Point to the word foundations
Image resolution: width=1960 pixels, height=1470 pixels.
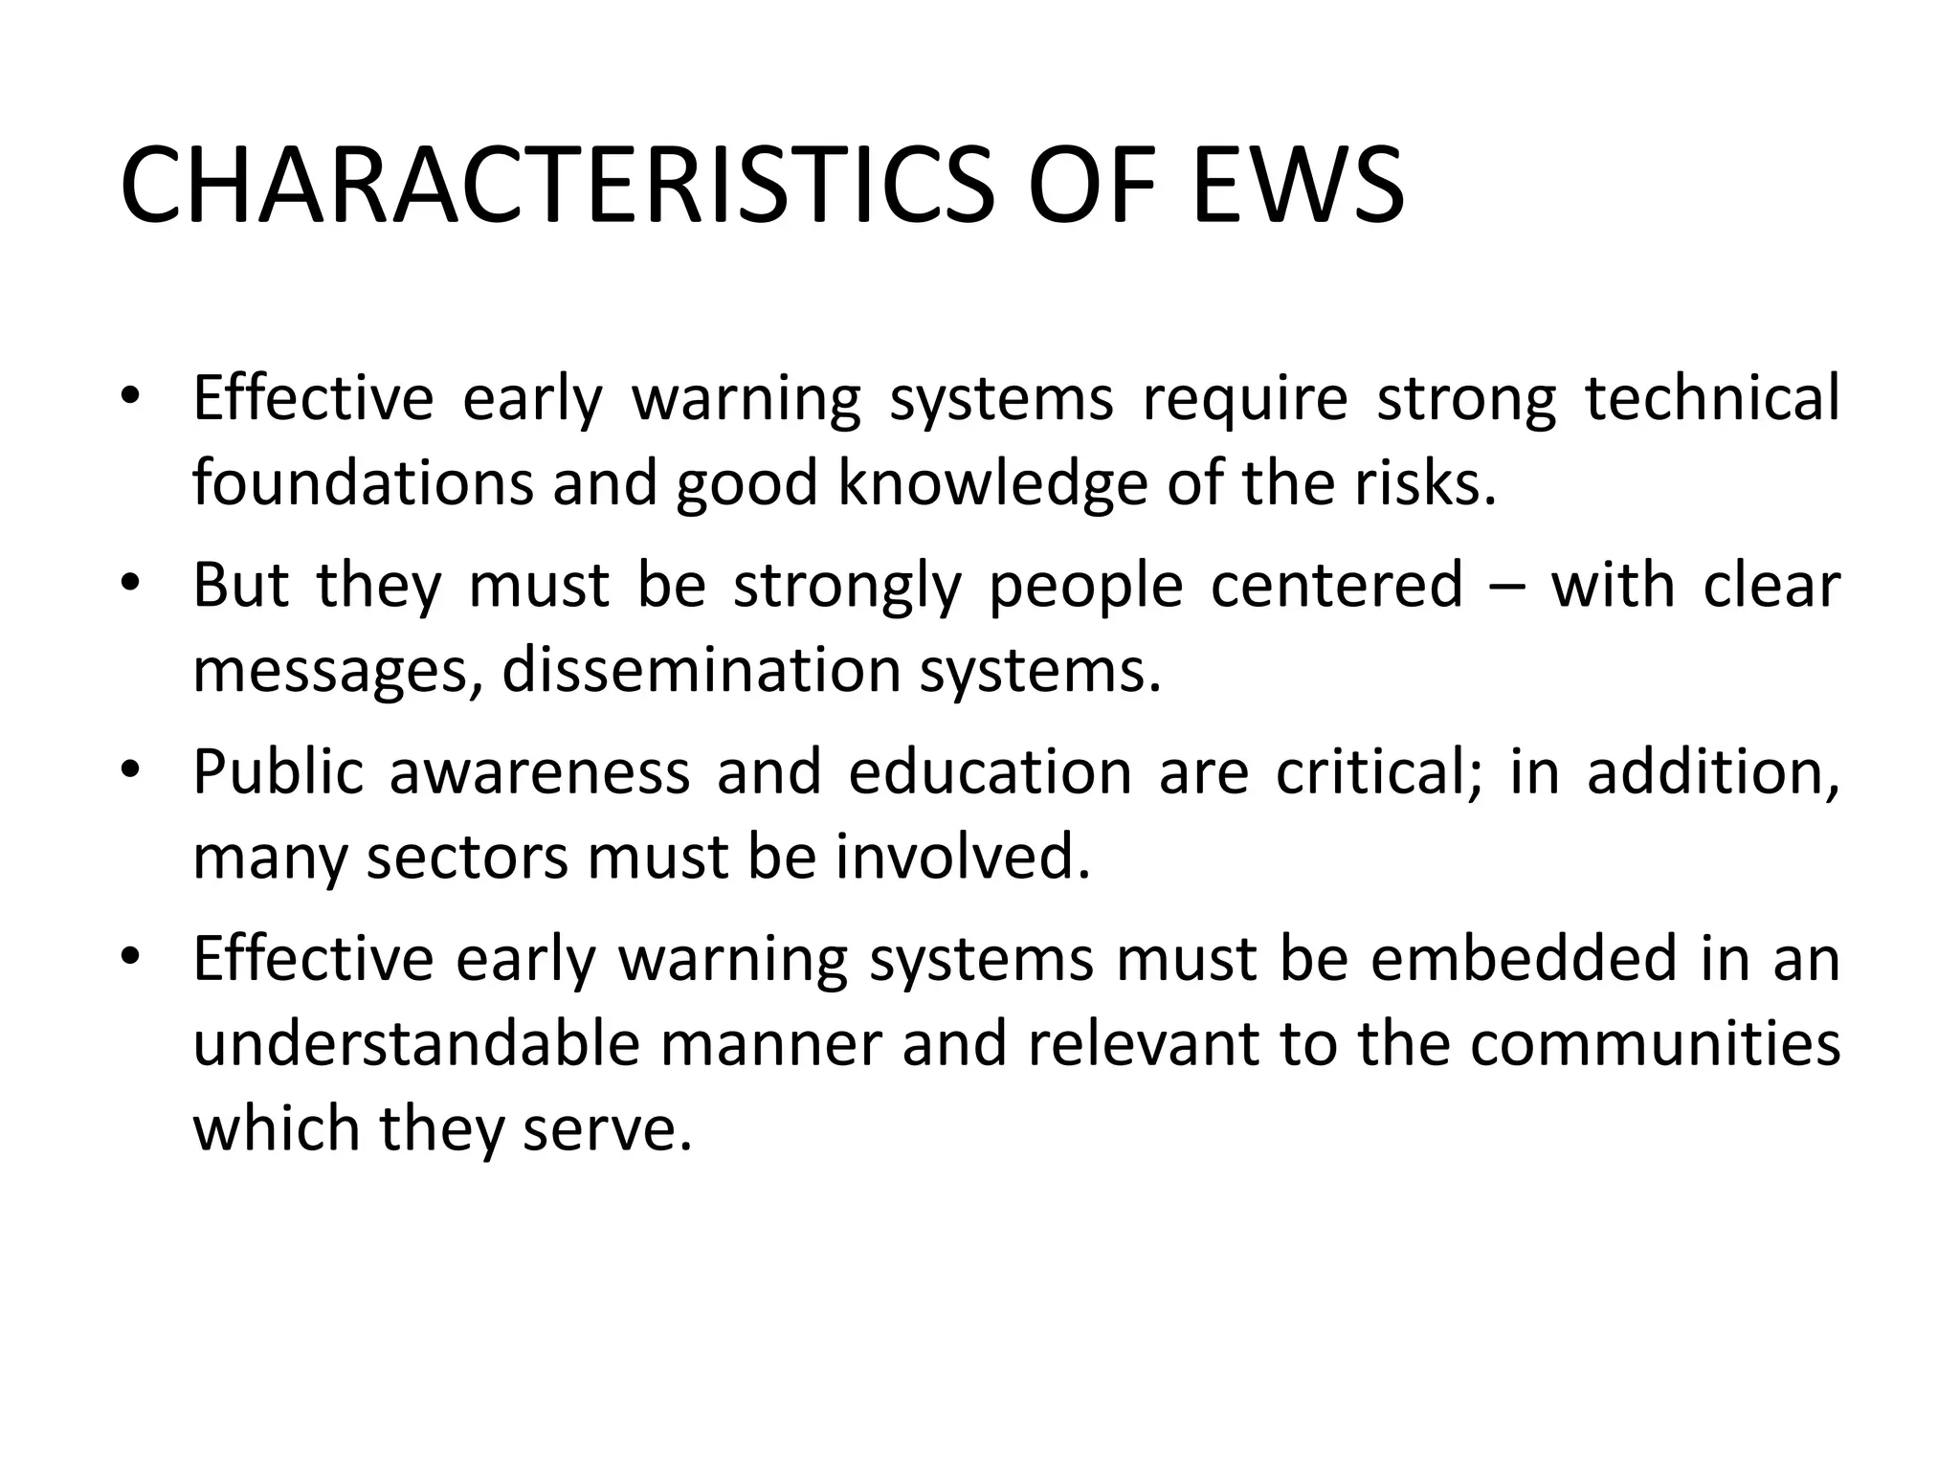[x=363, y=483]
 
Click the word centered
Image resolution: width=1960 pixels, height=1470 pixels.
[x=1337, y=585]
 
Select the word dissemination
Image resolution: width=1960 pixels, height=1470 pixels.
[x=702, y=670]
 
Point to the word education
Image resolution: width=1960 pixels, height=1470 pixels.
[x=991, y=771]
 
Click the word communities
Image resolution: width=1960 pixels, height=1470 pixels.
[x=1655, y=1044]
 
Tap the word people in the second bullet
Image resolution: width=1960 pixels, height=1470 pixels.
[x=1085, y=587]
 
